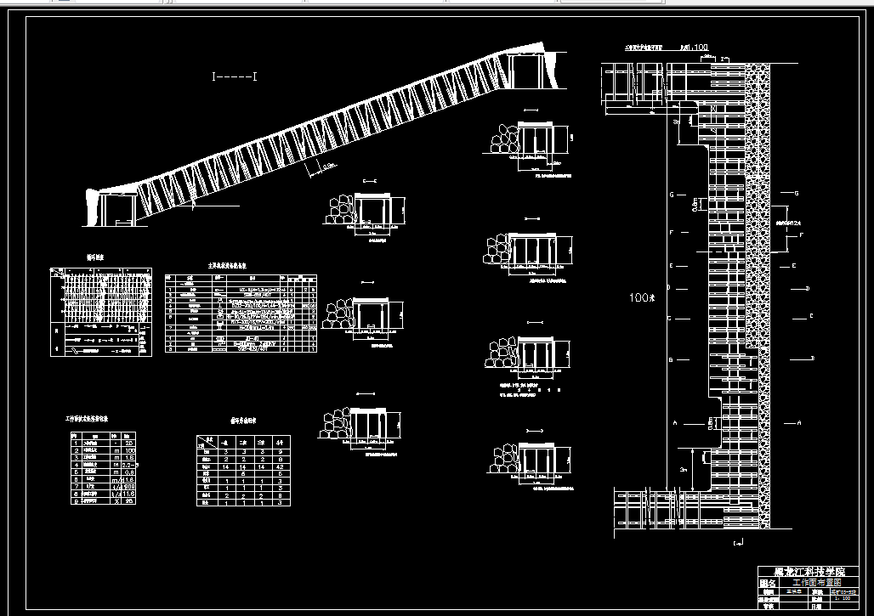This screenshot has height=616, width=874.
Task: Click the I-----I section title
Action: click(235, 77)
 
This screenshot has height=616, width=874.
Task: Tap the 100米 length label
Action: click(641, 297)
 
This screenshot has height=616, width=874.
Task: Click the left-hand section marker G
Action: click(671, 195)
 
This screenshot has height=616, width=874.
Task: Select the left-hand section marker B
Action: click(671, 360)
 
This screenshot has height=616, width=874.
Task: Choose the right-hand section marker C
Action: click(811, 316)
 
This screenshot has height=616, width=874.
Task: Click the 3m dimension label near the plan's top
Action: click(676, 122)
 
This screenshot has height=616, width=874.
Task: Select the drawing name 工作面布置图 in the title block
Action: click(815, 583)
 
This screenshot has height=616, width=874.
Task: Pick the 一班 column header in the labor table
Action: click(224, 442)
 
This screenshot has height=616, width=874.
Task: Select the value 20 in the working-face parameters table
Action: click(129, 443)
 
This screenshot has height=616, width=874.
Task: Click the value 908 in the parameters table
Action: click(129, 485)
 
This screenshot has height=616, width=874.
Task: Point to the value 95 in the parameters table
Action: click(129, 500)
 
